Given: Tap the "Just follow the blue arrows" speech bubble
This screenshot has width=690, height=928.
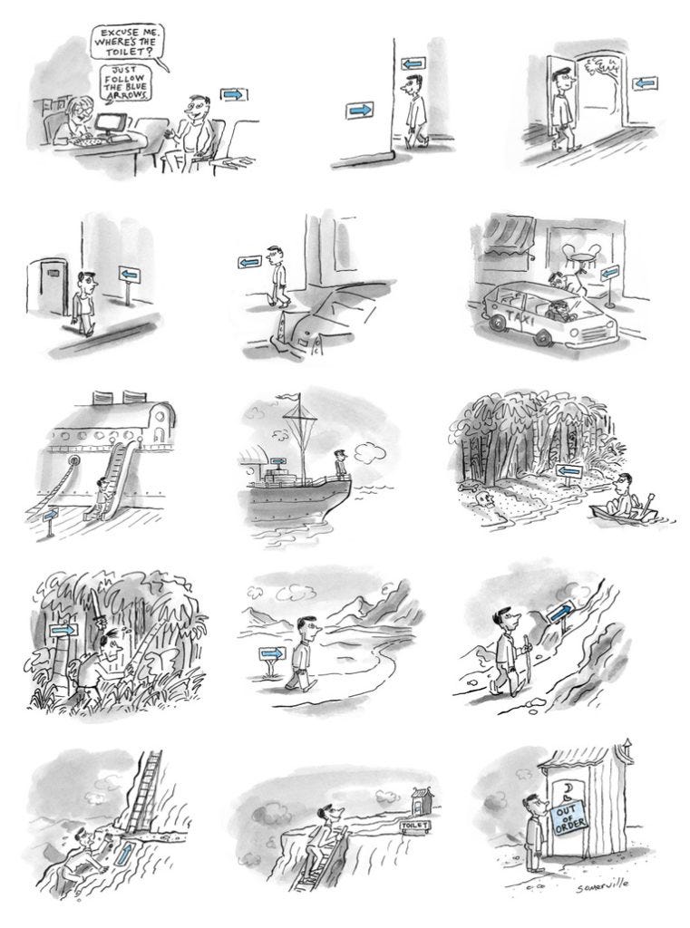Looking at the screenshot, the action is tap(126, 83).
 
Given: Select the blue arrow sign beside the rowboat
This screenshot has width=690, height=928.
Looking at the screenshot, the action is tap(569, 471).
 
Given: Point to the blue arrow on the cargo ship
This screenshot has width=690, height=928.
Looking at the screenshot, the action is tap(277, 460).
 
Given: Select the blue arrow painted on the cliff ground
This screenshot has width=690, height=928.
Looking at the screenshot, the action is tap(125, 855).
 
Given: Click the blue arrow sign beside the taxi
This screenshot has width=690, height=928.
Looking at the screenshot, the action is tap(609, 273).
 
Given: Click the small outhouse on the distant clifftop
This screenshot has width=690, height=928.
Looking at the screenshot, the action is tap(421, 799).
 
